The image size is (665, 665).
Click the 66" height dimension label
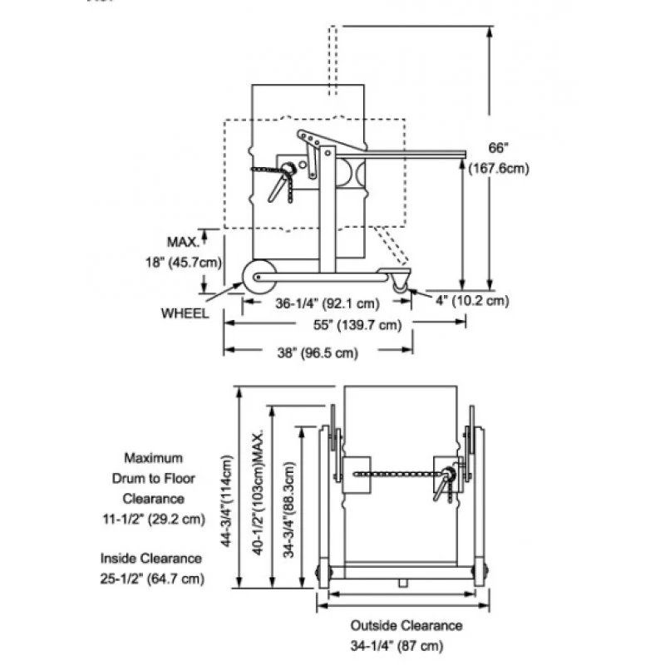click(497, 148)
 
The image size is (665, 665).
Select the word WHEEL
click(185, 313)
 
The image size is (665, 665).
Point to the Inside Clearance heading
click(151, 559)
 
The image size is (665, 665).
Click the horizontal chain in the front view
click(395, 475)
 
